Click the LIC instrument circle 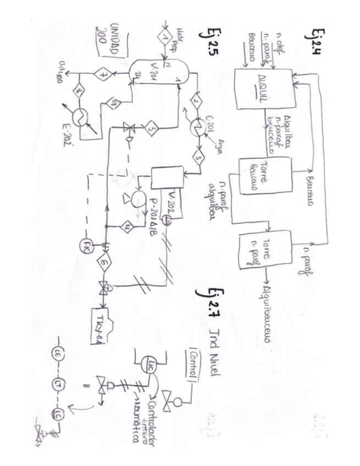[x=149, y=362]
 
